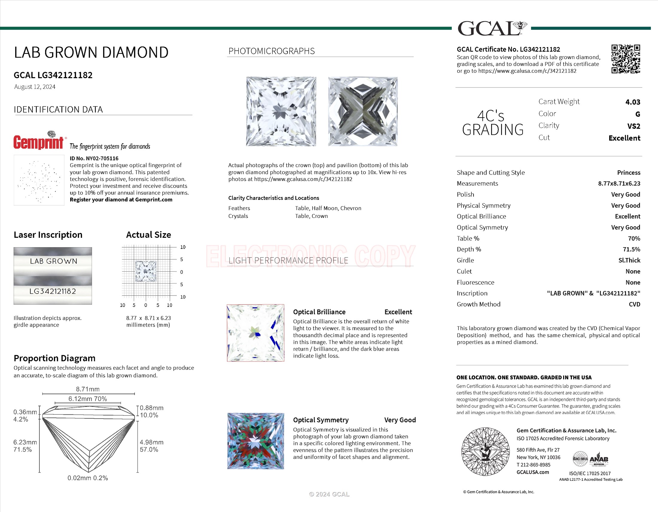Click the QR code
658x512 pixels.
click(625, 59)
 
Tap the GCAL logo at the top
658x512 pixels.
click(492, 28)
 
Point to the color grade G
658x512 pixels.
click(638, 114)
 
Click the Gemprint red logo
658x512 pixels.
click(39, 142)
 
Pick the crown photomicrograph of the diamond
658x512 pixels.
click(281, 111)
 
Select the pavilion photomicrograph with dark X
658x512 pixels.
click(363, 111)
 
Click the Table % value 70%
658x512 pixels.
click(634, 239)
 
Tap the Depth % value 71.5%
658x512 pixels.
click(631, 249)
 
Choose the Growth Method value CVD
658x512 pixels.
click(634, 304)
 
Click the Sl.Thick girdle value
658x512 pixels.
click(629, 260)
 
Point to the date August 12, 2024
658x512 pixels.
click(35, 87)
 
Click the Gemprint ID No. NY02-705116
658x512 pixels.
click(94, 158)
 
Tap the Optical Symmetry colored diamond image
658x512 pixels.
click(255, 441)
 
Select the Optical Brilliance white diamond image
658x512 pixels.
click(255, 333)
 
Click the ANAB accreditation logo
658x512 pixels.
click(598, 459)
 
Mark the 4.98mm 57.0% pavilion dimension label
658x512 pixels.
click(152, 446)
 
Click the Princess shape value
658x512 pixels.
click(628, 172)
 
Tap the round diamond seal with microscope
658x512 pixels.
click(485, 452)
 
